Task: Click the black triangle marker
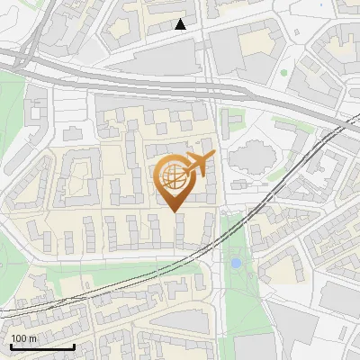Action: tap(181, 24)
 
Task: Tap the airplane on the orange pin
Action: tap(198, 164)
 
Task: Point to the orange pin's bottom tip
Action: tap(174, 211)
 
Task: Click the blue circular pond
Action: tap(236, 264)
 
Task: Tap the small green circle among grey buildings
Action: tap(283, 72)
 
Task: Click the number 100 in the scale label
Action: tap(20, 339)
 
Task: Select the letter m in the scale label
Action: tap(33, 339)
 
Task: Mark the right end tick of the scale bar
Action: tap(74, 345)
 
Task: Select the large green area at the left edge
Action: tap(11, 117)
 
